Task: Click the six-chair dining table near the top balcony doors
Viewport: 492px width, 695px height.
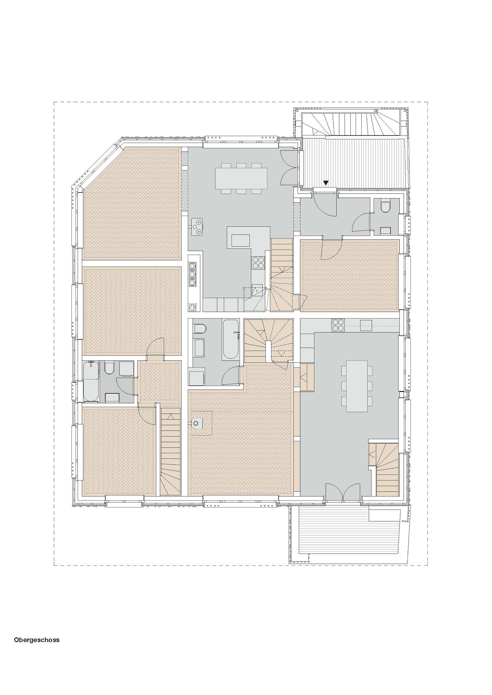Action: click(241, 178)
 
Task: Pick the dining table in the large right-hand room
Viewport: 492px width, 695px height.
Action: click(357, 386)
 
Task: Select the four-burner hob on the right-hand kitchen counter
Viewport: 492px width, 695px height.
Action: click(338, 325)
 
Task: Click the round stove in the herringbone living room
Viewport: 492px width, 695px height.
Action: click(198, 423)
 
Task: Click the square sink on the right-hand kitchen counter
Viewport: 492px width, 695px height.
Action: click(366, 325)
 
